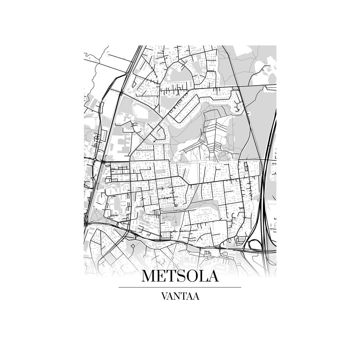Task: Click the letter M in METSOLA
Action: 149,276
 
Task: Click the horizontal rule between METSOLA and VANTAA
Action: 180,287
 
